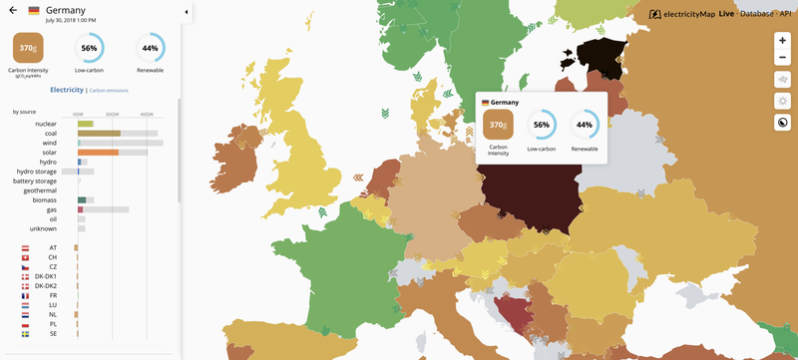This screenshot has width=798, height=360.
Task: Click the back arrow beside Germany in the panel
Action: [x=12, y=10]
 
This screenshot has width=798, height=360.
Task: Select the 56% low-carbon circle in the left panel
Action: [x=90, y=48]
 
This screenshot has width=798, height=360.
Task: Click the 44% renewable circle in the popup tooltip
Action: [x=584, y=124]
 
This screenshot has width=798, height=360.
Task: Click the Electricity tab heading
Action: [x=67, y=90]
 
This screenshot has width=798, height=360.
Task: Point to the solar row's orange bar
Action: [x=99, y=152]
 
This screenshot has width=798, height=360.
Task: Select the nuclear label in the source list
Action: [x=46, y=124]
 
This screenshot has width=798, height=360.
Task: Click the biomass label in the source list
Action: [x=44, y=199]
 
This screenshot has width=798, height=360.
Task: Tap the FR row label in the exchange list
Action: [x=53, y=296]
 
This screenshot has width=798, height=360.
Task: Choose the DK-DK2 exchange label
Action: [x=46, y=286]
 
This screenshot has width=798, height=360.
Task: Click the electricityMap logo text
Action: [x=688, y=14]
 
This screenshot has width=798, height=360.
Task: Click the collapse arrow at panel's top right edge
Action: [x=187, y=11]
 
